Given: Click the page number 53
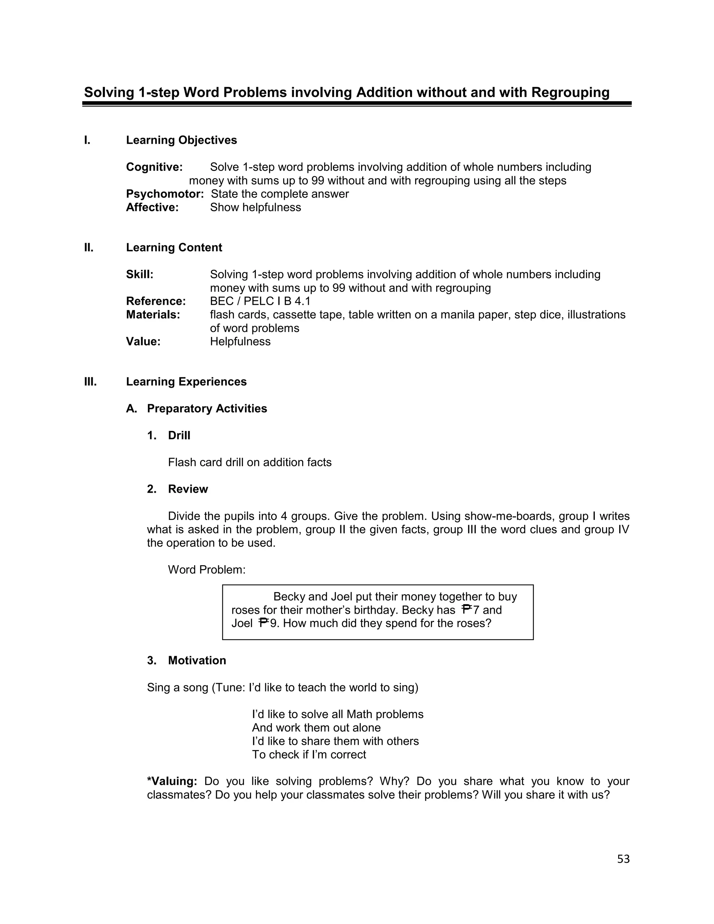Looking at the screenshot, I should [x=623, y=859].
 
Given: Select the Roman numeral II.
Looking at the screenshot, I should [x=89, y=248].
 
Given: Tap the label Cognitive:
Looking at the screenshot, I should [x=154, y=167].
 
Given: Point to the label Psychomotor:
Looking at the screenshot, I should [x=165, y=194].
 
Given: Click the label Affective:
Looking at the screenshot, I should [x=152, y=207].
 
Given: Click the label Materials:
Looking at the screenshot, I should [x=153, y=315].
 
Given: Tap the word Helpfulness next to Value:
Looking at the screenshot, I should [x=240, y=341].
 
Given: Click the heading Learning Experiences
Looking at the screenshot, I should [x=186, y=381].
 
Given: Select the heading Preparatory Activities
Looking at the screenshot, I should [x=207, y=409].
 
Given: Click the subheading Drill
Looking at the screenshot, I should [x=179, y=436].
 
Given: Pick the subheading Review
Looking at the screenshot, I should [x=188, y=489].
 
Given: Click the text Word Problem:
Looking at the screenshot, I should [x=207, y=570].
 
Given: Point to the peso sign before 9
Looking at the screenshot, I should [x=264, y=623].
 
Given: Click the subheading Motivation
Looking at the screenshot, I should [x=197, y=660].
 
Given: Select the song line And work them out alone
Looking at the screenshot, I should [x=316, y=728].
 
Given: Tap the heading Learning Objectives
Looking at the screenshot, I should [x=181, y=140].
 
